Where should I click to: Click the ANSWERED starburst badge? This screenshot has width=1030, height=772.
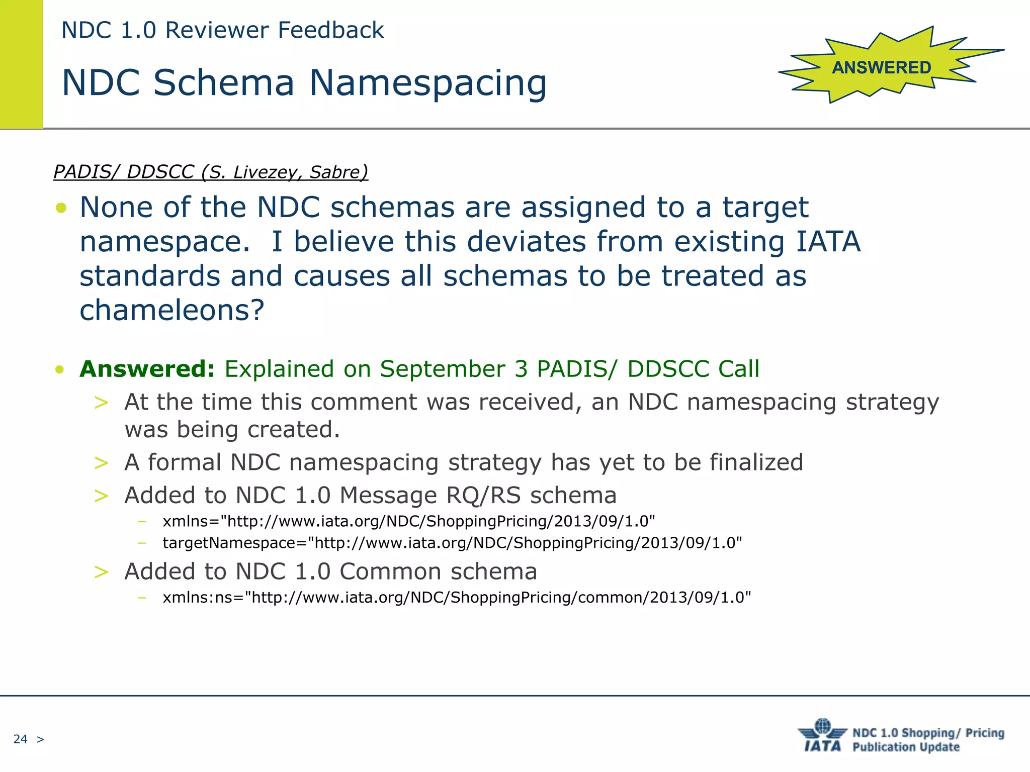[x=881, y=67]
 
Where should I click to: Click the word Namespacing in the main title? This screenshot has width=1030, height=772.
[x=427, y=83]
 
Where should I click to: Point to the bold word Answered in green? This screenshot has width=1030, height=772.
[x=147, y=369]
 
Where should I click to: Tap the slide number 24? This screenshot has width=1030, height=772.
[x=20, y=739]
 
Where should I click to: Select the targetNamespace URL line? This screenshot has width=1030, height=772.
[x=452, y=543]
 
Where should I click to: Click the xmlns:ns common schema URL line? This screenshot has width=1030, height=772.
[x=456, y=597]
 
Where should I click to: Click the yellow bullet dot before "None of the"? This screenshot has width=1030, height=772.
[x=61, y=208]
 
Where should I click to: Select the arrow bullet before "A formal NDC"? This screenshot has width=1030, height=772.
[x=101, y=462]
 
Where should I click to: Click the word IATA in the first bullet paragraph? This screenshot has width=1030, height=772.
[x=828, y=242]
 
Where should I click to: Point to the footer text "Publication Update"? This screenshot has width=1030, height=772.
[x=906, y=747]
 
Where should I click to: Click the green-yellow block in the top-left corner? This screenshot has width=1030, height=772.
[x=21, y=64]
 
